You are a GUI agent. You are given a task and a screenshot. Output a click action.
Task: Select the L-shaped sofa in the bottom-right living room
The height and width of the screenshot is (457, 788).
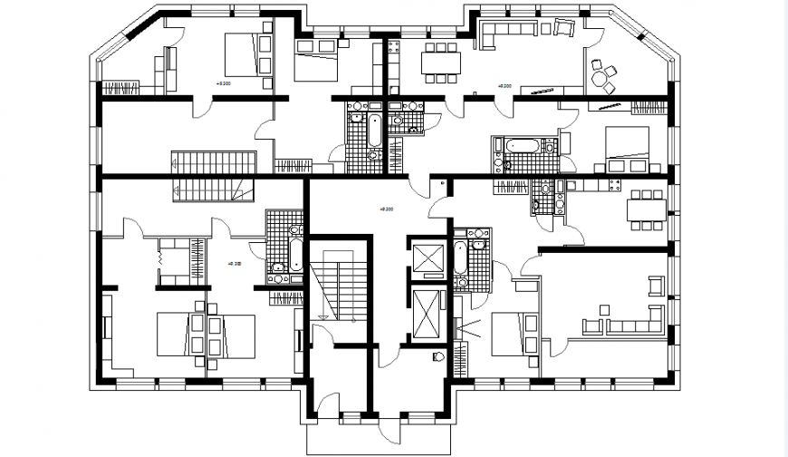pyautogui.click(x=634, y=323)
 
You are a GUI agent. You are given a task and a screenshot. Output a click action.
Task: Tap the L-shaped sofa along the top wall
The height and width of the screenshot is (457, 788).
pyautogui.click(x=508, y=35)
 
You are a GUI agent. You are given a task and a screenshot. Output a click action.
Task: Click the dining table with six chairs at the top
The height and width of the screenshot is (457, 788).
pyautogui.click(x=440, y=63)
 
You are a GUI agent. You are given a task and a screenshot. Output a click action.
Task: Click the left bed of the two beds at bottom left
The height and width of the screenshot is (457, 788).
pyautogui.click(x=176, y=334)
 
